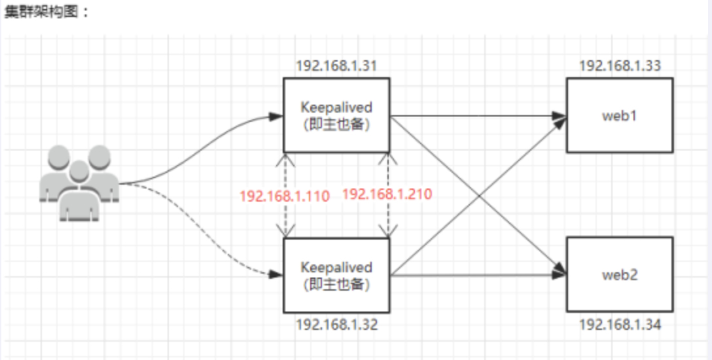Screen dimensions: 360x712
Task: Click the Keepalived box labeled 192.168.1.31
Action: pyautogui.click(x=336, y=115)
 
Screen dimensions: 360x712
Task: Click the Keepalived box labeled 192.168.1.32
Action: pyautogui.click(x=336, y=275)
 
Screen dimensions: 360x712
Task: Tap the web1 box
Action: pyautogui.click(x=619, y=116)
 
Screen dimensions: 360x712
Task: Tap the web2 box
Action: pyautogui.click(x=619, y=275)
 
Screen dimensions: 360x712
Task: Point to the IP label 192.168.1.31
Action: pyautogui.click(x=336, y=66)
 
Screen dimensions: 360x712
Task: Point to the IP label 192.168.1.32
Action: pyautogui.click(x=336, y=323)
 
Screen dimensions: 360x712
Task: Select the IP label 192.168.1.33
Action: pyautogui.click(x=619, y=66)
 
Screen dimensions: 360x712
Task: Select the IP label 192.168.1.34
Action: pyautogui.click(x=619, y=323)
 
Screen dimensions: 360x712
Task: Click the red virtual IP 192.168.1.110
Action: pyautogui.click(x=284, y=195)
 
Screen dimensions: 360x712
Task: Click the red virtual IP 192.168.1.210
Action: pyautogui.click(x=387, y=194)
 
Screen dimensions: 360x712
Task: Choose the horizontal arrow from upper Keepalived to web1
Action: pyautogui.click(x=478, y=116)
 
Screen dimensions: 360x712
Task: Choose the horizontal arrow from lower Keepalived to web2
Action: pyautogui.click(x=478, y=276)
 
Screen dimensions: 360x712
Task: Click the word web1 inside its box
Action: pyautogui.click(x=619, y=116)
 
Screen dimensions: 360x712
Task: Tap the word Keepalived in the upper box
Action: pyautogui.click(x=336, y=107)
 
